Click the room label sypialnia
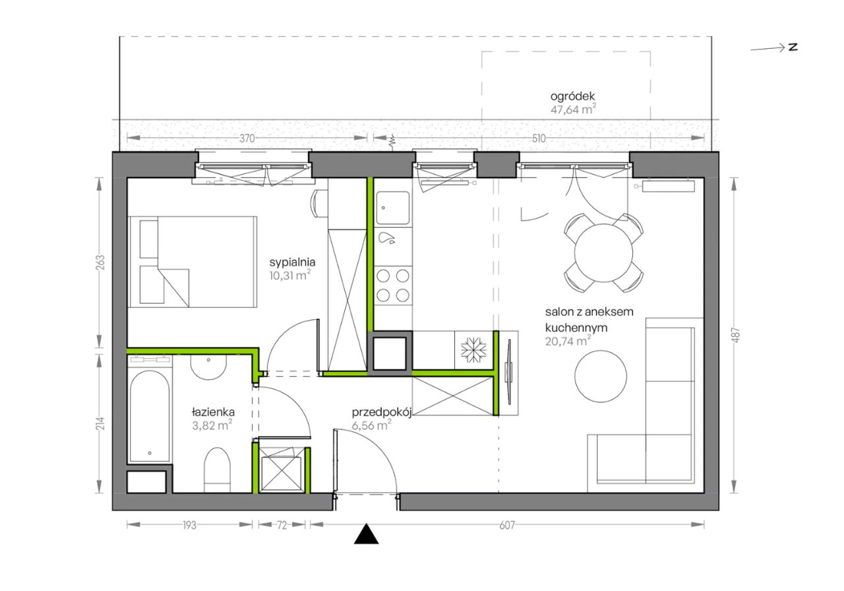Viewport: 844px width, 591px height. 292,262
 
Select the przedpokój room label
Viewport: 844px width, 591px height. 381,412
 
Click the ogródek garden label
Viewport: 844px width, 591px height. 573,96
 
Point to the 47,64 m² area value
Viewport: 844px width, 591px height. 573,109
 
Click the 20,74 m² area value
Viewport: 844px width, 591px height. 568,341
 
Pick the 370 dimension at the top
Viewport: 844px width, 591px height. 247,139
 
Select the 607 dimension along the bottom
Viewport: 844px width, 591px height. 507,525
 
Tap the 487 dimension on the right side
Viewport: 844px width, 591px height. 737,335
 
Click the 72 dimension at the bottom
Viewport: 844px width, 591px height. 282,525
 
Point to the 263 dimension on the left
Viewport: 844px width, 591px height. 101,263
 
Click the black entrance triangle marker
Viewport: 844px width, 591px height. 366,534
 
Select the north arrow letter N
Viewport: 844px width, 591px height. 793,47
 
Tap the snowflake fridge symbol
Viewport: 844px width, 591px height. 473,350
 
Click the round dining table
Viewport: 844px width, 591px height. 603,253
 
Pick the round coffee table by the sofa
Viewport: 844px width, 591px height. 601,376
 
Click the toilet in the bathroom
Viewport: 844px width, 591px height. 217,470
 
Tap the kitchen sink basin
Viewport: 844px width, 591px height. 394,208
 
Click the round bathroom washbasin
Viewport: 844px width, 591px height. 208,367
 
